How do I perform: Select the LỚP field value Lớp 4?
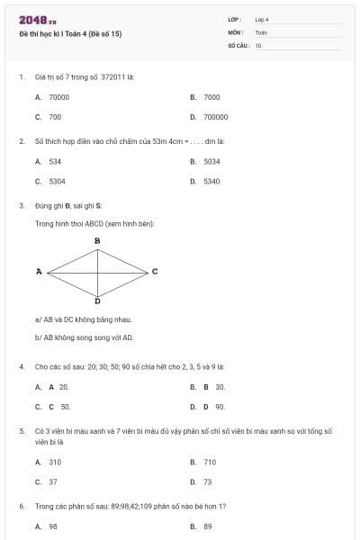pos(262,19)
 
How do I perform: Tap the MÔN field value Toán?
pos(261,32)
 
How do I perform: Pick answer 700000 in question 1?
pos(216,117)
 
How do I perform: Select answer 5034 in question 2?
pos(212,161)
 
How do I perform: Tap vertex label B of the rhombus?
pos(97,241)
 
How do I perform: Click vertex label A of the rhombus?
pos(40,271)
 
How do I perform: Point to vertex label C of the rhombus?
pos(155,271)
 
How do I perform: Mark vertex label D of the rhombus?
pos(97,301)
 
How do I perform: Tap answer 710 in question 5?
pos(210,462)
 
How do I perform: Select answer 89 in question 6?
pos(208,526)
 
